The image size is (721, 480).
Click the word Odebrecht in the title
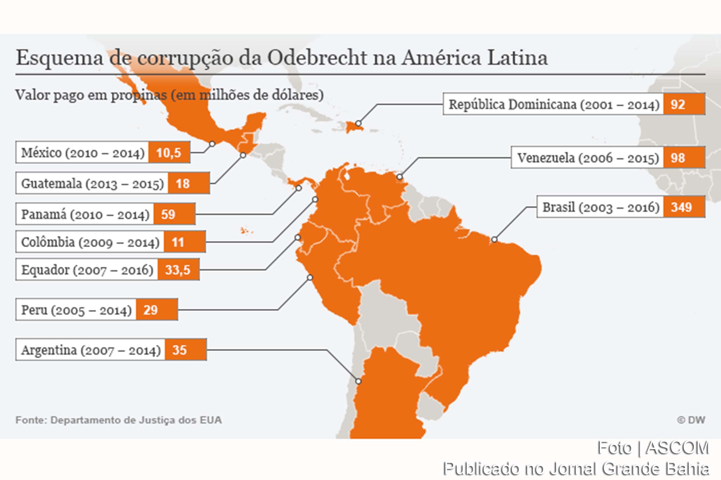(x=317, y=58)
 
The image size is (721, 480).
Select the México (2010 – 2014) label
(x=82, y=152)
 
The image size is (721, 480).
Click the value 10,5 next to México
(x=169, y=152)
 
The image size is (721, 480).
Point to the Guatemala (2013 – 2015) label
(x=92, y=184)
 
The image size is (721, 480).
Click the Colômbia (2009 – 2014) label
(x=90, y=242)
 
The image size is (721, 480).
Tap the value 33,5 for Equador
(x=178, y=270)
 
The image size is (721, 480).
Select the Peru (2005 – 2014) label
(x=76, y=310)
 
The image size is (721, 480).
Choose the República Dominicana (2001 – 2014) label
(x=554, y=104)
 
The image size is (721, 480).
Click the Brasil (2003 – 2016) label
(x=601, y=207)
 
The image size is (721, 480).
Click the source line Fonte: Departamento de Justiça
(x=119, y=420)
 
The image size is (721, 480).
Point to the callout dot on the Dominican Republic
(x=358, y=123)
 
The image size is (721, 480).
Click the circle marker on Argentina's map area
(x=358, y=381)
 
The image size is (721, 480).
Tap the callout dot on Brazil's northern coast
(x=494, y=239)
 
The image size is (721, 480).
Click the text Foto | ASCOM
(x=653, y=448)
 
